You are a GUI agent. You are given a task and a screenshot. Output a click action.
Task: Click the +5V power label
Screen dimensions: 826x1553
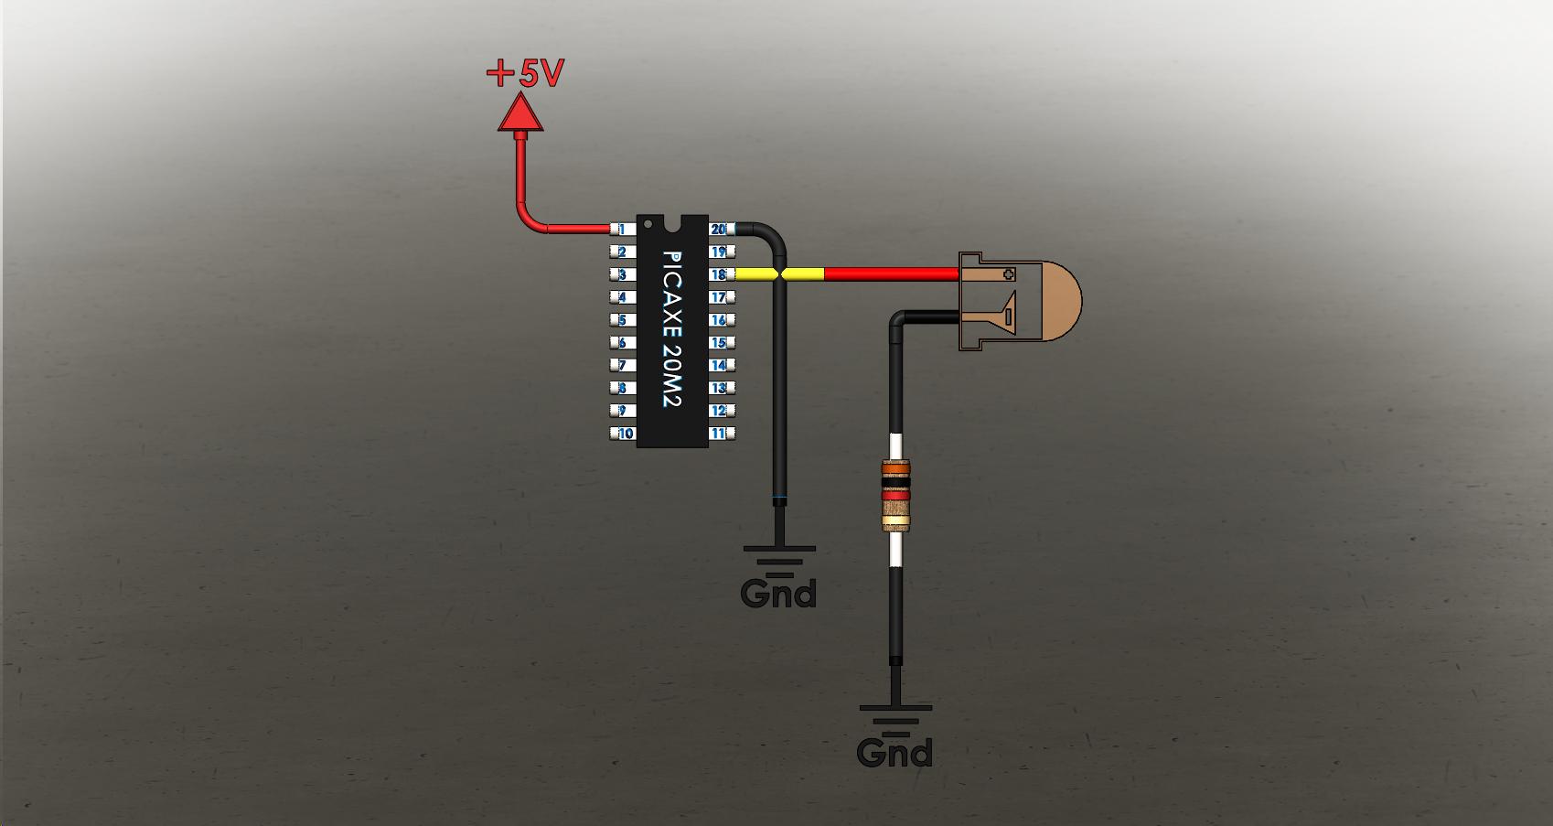525,73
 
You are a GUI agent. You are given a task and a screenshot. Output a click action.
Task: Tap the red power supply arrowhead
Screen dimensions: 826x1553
520,114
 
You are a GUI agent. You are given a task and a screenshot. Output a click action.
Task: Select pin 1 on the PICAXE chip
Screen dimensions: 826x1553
623,229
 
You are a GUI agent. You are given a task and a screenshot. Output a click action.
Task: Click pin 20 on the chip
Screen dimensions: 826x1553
720,229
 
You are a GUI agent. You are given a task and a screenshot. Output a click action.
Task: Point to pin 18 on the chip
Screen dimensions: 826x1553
720,274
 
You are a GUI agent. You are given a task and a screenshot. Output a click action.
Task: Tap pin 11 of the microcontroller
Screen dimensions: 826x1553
720,434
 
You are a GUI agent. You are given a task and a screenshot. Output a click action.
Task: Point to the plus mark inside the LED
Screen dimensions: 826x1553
1009,274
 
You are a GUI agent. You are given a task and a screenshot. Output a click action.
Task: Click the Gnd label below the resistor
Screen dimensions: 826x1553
894,754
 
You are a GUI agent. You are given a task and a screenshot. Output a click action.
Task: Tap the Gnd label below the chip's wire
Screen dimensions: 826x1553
778,594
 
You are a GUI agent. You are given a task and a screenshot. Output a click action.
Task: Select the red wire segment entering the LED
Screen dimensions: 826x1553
892,274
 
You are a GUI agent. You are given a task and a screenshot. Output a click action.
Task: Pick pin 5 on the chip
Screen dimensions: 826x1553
623,320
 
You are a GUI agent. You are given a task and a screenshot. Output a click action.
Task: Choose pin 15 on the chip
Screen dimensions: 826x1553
720,343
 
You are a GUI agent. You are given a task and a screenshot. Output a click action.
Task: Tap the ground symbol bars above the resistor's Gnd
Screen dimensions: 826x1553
895,719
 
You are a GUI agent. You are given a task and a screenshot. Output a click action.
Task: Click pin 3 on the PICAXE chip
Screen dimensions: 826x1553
623,274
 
